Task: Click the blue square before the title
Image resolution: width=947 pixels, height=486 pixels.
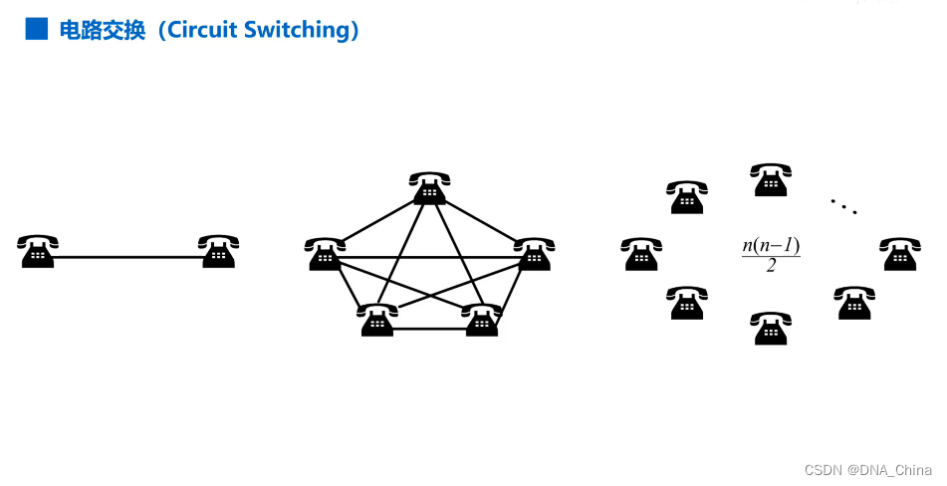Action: tap(36, 29)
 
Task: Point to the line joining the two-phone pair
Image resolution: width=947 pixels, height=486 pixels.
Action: tap(127, 258)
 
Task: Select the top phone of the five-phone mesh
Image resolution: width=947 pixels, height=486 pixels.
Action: tap(430, 188)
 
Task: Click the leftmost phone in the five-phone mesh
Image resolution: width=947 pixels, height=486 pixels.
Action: tap(326, 254)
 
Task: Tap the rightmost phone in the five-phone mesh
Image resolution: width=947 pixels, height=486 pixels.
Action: tap(534, 254)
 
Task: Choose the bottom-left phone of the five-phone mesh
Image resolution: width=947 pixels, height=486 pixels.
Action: tap(377, 320)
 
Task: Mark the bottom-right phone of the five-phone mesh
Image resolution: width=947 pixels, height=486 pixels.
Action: tap(482, 320)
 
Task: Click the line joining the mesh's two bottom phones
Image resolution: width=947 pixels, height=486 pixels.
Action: tap(429, 329)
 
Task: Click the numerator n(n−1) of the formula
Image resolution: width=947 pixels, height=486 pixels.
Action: tap(771, 245)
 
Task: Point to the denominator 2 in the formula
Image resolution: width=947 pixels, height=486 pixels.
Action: tap(771, 266)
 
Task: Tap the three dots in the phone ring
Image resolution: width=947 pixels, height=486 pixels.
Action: tap(843, 206)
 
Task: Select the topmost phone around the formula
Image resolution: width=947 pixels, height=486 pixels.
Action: tap(771, 180)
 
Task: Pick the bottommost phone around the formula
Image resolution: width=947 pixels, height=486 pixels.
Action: tap(771, 329)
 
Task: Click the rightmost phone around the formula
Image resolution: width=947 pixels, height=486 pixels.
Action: tap(900, 254)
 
